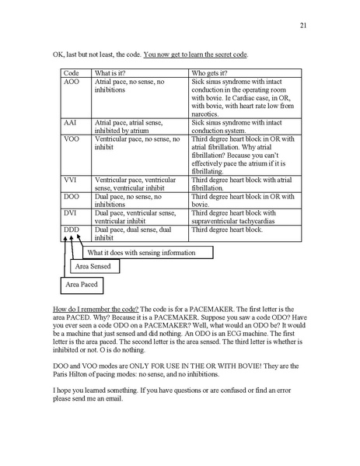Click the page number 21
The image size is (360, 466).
305,26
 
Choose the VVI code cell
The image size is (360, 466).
70,180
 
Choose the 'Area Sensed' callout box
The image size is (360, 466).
93,268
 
